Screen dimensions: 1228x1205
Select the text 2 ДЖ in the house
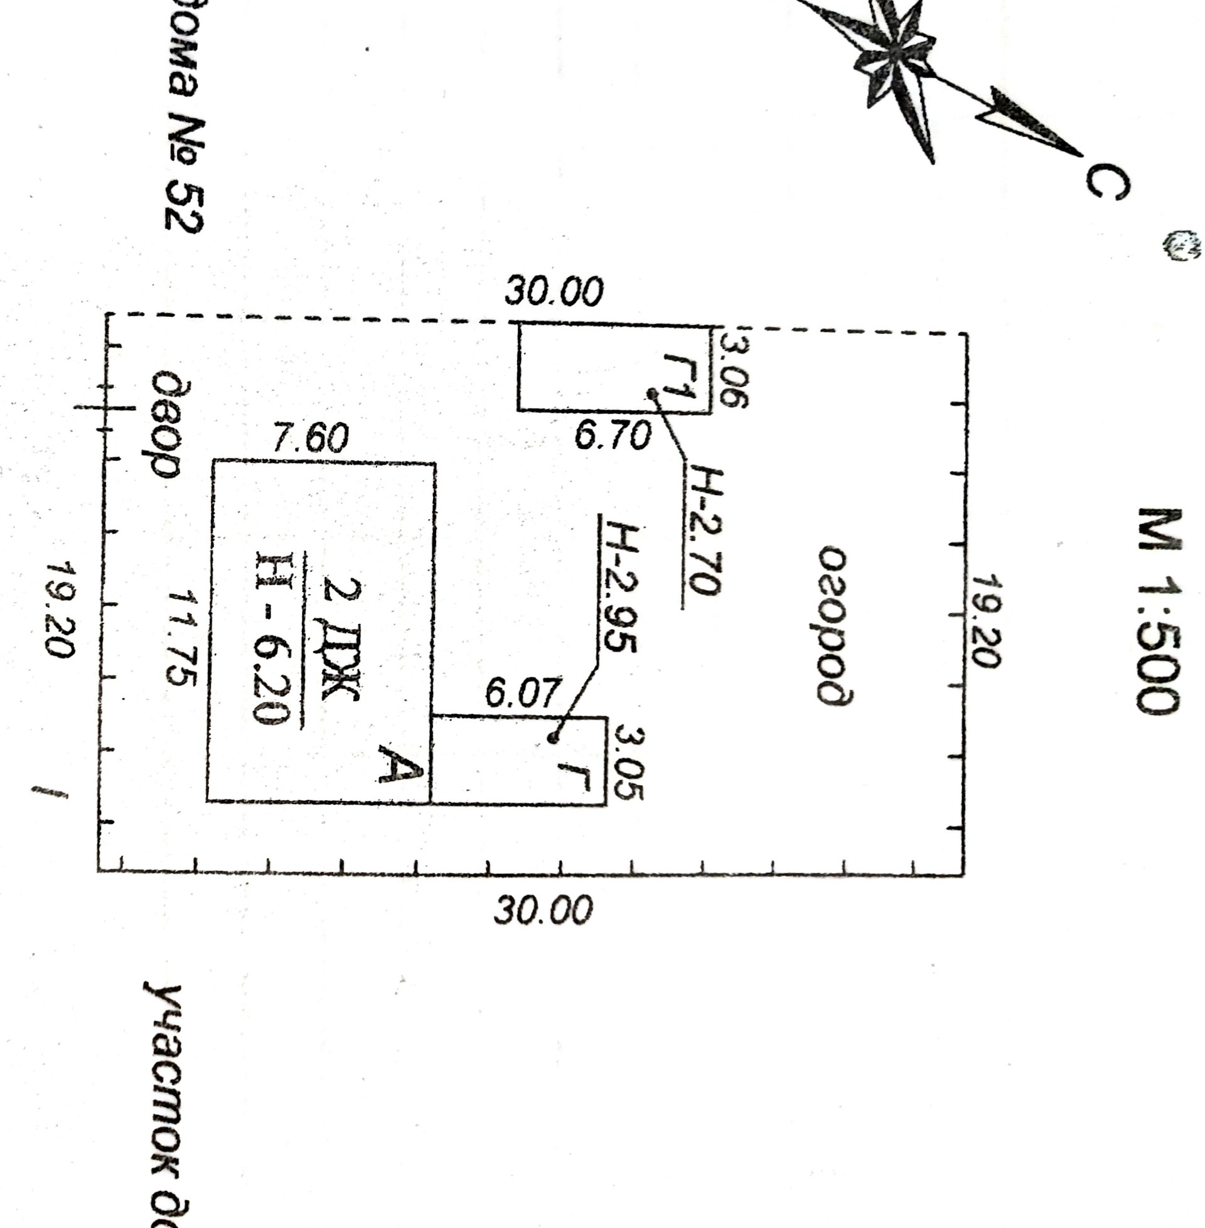point(343,636)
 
